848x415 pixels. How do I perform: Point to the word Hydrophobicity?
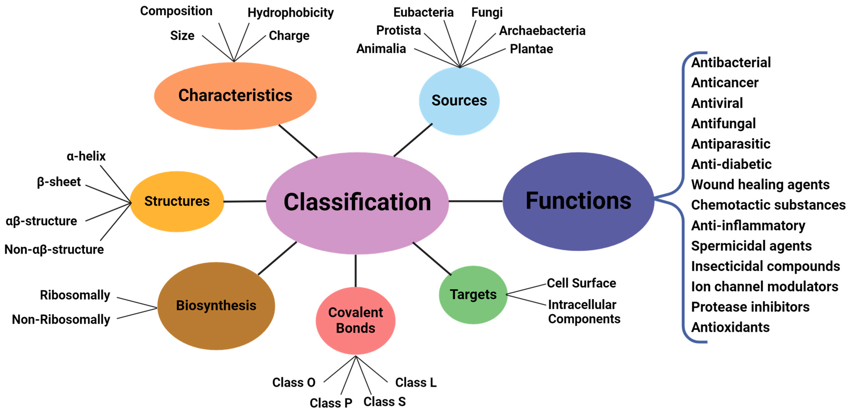(x=290, y=13)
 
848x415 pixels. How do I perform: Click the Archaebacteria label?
(x=542, y=31)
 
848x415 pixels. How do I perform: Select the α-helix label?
(x=86, y=156)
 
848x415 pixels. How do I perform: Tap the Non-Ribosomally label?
(x=61, y=319)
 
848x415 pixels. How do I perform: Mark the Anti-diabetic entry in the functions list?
(x=731, y=164)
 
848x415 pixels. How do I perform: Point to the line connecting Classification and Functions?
(x=475, y=201)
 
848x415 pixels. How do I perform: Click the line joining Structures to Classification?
(x=245, y=201)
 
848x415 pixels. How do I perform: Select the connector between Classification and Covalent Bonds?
(x=356, y=271)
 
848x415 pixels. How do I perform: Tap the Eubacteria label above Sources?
(x=423, y=13)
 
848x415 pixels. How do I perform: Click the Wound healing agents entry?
(x=760, y=184)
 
